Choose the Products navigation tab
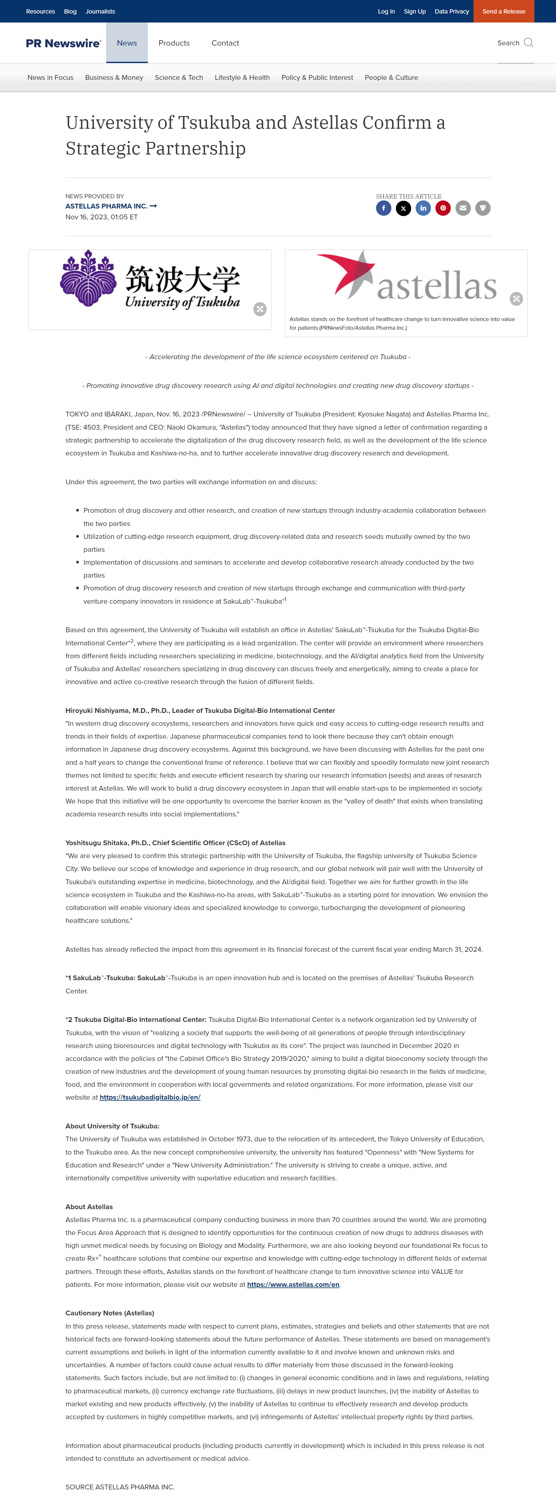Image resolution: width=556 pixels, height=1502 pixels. coord(174,43)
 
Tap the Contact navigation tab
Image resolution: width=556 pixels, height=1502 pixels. coord(225,43)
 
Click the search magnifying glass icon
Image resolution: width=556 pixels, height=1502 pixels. coord(529,43)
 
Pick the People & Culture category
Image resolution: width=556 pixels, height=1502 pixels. coord(391,77)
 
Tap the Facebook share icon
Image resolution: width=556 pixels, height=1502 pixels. coord(384,208)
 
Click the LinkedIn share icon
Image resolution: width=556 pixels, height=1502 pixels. coord(423,208)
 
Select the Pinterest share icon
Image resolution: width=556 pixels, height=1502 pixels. coord(443,208)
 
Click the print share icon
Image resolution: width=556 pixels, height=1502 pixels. coord(483,208)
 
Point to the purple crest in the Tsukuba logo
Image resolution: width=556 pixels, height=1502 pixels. coord(88,279)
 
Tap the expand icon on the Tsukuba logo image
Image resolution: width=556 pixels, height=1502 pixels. coord(260,309)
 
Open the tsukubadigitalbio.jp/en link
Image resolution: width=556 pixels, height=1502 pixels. coord(150,1097)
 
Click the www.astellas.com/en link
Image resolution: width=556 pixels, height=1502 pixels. coord(293,1284)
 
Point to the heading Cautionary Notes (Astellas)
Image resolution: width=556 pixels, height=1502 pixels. coord(109,1313)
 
